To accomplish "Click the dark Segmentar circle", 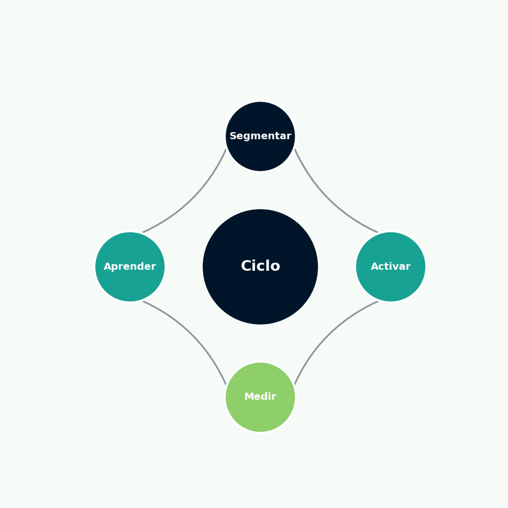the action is (260, 136).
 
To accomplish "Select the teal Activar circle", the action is (390, 267).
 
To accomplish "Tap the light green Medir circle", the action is (260, 397).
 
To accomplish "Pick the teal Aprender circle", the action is (130, 267).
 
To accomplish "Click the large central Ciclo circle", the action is (260, 267).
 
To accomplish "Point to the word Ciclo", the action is (261, 266).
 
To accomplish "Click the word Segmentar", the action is (261, 136).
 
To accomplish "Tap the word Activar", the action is (391, 266).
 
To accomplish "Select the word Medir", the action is (260, 397).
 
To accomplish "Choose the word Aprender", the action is (130, 267).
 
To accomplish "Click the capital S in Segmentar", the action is (233, 136).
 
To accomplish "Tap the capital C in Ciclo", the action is (246, 266).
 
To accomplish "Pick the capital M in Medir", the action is (248, 397).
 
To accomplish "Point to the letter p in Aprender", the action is (115, 268).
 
